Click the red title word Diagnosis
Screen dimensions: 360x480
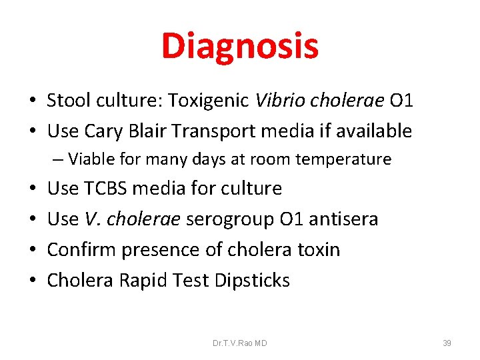click(240, 47)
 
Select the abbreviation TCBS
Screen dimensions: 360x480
click(106, 189)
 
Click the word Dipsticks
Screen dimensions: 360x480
click(252, 281)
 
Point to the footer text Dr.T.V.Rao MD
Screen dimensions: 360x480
click(240, 343)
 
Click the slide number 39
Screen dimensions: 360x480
click(447, 343)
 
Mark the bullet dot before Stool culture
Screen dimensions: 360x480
click(32, 101)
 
